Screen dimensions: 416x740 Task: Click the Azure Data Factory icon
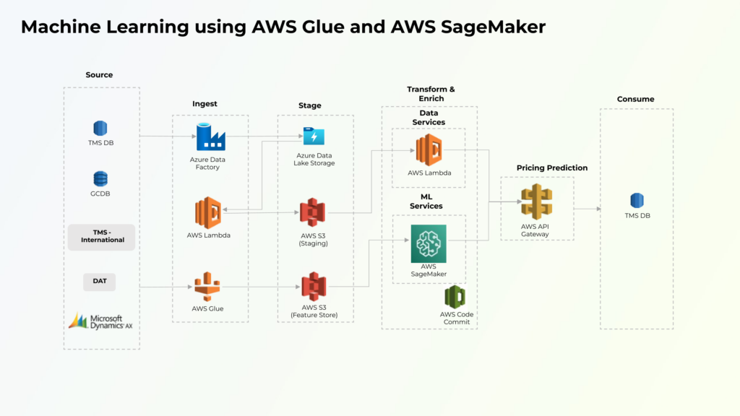pos(211,136)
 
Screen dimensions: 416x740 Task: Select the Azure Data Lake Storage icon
pos(314,136)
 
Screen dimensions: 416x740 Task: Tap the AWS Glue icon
pos(207,287)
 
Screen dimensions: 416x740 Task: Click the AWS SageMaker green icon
pos(429,243)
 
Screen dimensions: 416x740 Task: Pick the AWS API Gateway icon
pos(536,201)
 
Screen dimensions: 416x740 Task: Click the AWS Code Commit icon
pos(455,297)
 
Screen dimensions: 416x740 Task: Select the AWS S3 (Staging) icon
pos(313,212)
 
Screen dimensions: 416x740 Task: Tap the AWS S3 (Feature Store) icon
pos(313,287)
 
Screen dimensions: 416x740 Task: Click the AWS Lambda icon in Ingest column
pos(207,213)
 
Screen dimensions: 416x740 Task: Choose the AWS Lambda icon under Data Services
pos(429,150)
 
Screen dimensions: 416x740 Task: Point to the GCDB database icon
pos(100,179)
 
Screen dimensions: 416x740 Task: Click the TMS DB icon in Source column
pos(100,129)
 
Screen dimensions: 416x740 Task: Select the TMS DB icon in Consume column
pos(637,201)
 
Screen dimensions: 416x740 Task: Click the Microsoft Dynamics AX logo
pos(100,321)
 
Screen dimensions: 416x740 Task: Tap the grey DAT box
pos(100,281)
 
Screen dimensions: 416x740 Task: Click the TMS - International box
pos(102,236)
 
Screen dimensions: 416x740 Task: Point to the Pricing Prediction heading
pos(552,168)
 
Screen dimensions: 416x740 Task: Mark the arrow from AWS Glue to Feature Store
pos(260,287)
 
